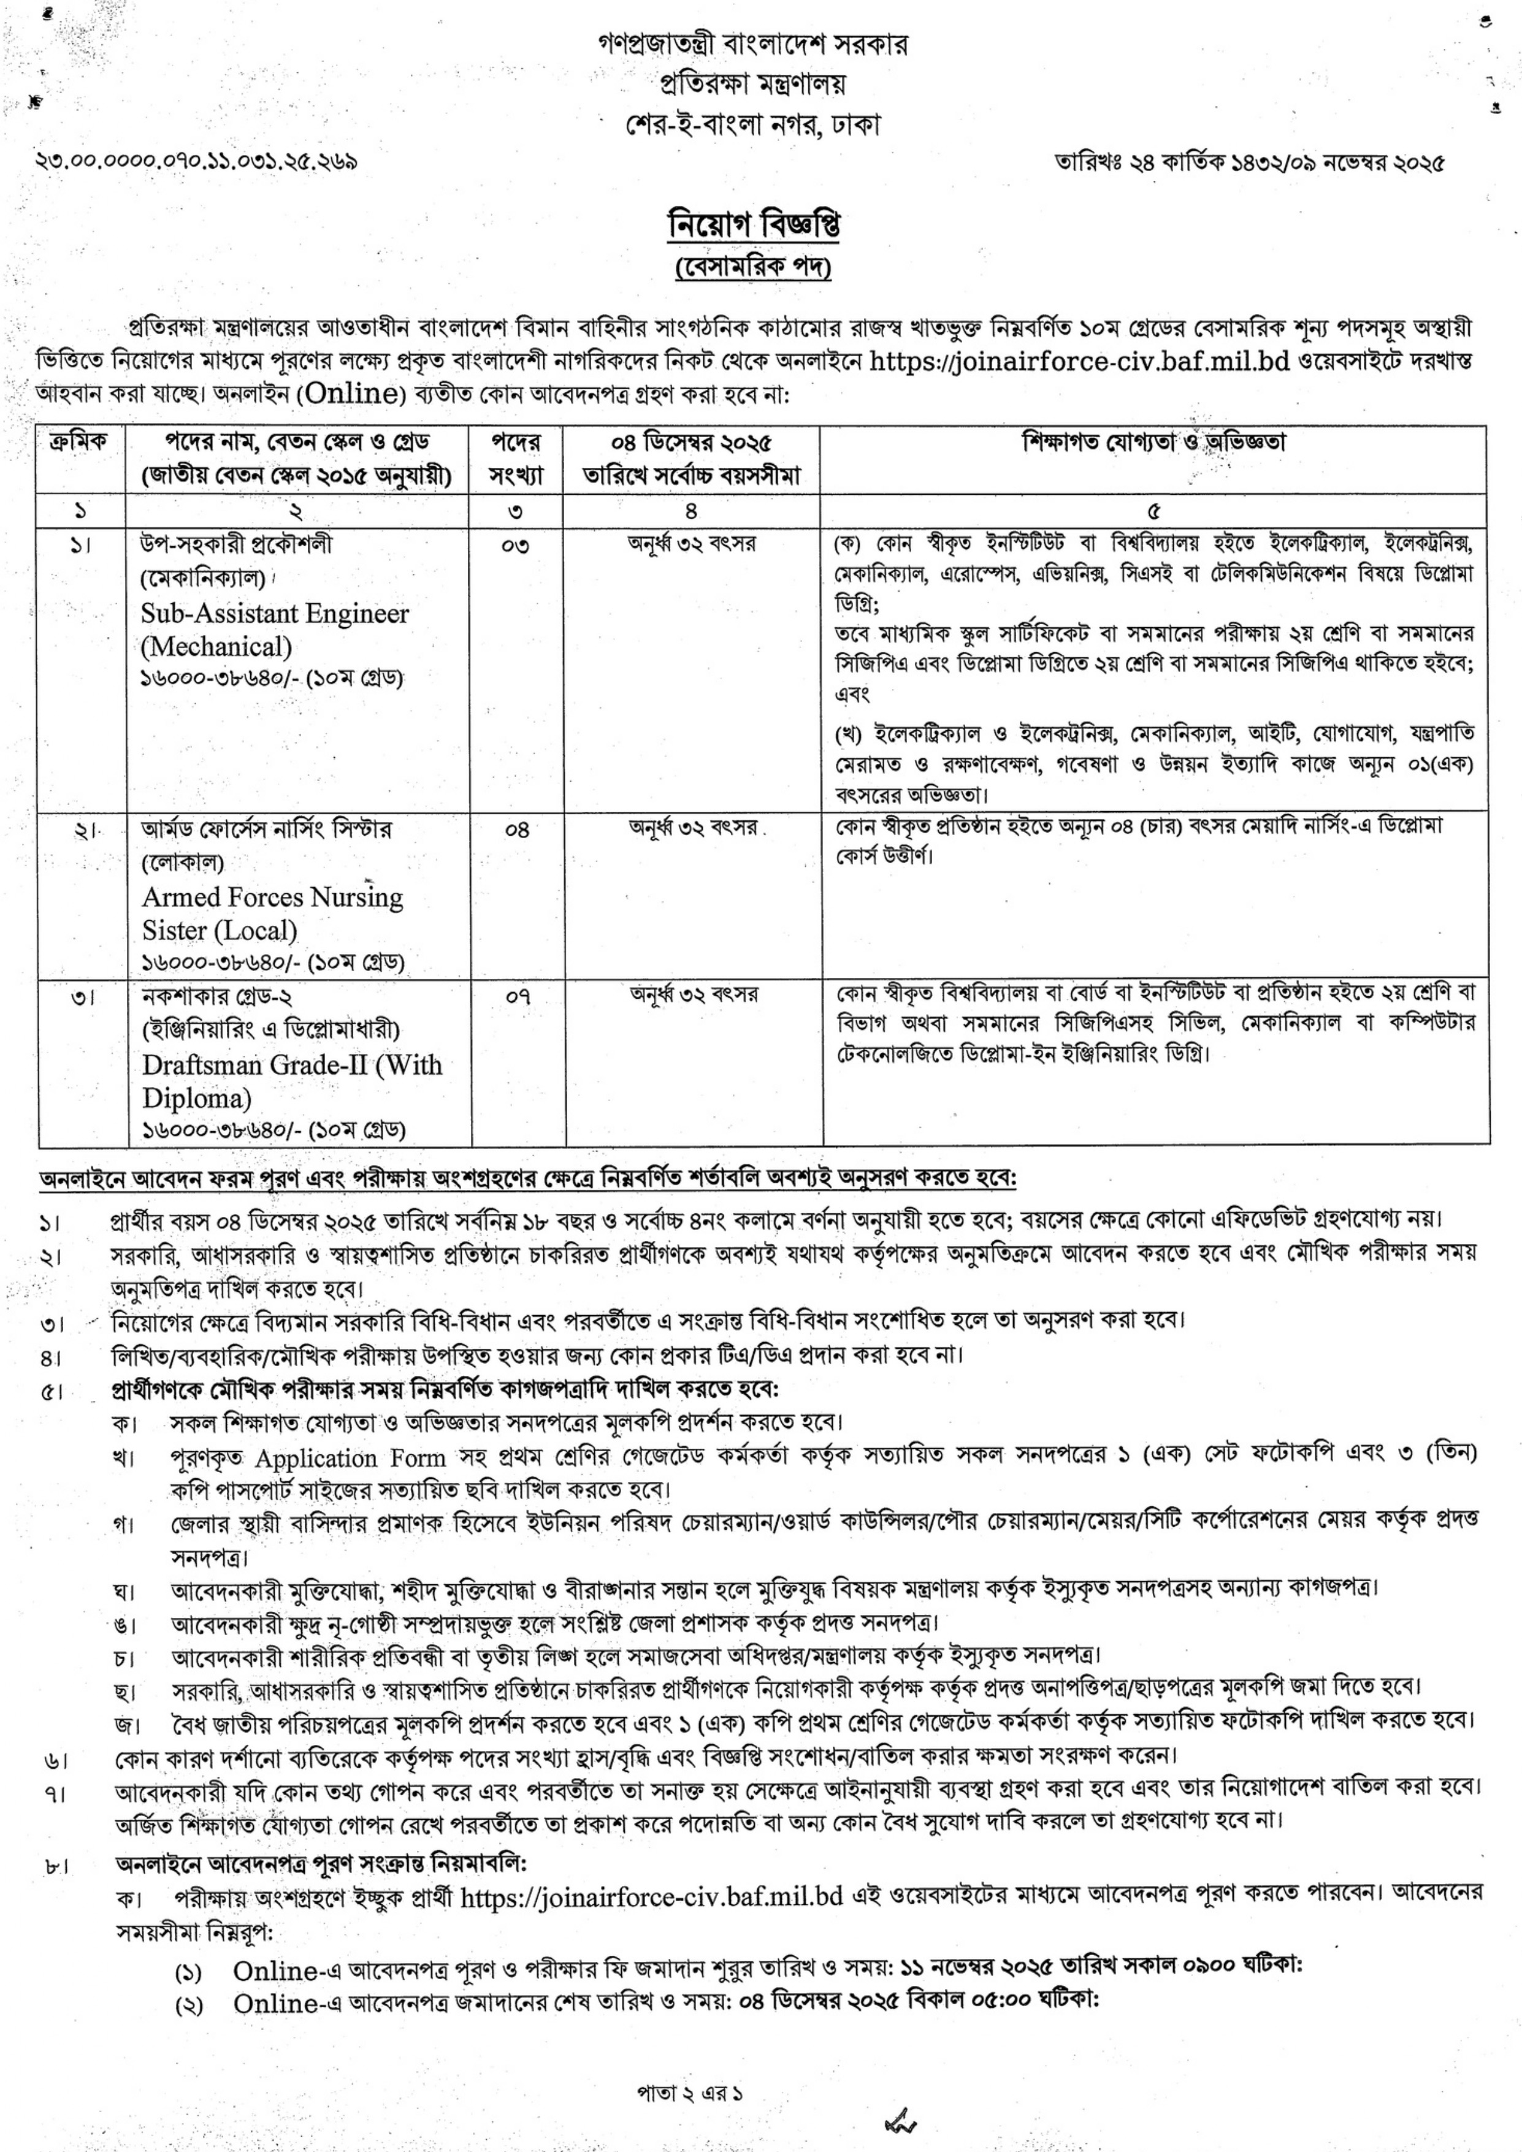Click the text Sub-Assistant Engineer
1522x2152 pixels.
[x=275, y=614]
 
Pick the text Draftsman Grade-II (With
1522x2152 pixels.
[x=291, y=1065]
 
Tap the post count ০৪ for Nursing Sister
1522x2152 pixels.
[x=516, y=830]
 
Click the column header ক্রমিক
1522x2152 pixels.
[x=78, y=441]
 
